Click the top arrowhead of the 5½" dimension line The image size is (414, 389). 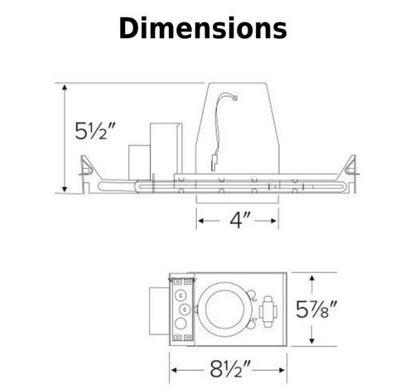click(65, 88)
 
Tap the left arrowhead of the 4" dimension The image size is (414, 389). click(200, 220)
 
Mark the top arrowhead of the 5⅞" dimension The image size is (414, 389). click(311, 278)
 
